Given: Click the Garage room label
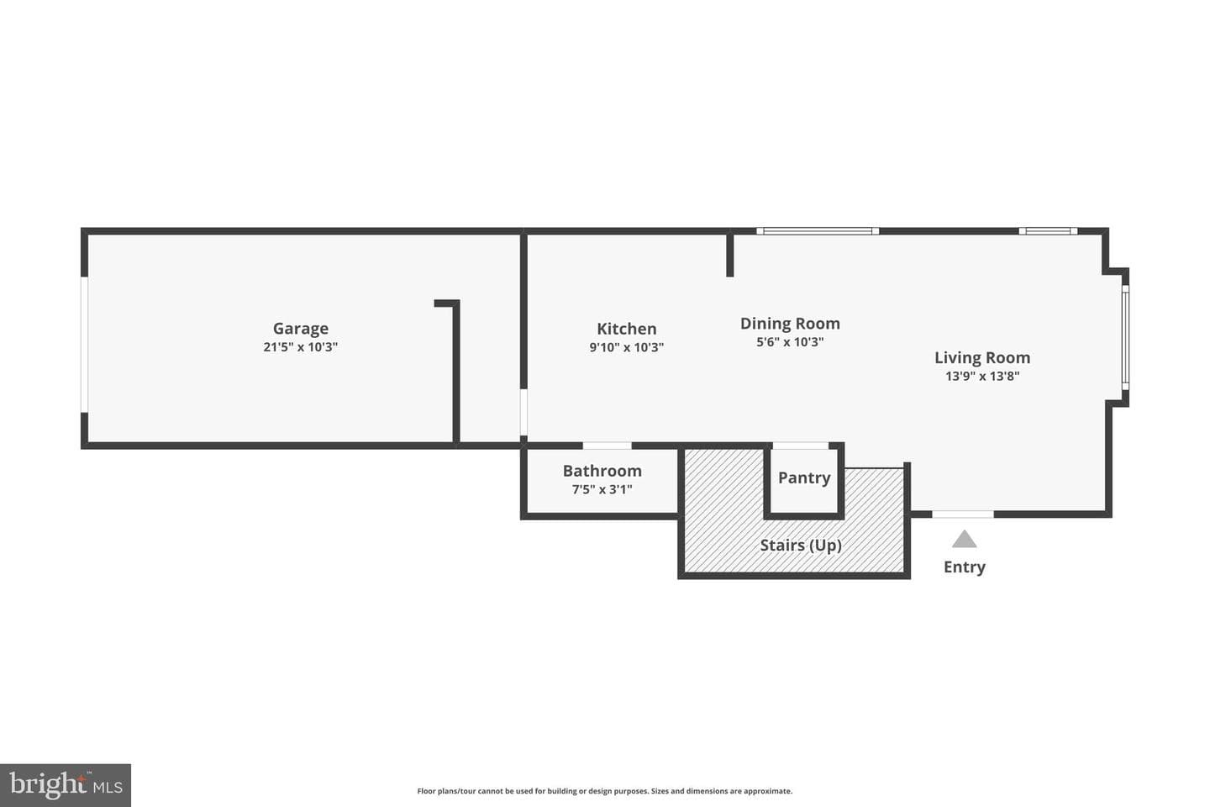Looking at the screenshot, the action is pos(300,329).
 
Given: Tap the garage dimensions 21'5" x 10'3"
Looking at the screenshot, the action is pos(300,347).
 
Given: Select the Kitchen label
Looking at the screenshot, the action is pos(627,329).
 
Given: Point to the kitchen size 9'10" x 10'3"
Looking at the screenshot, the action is pos(627,347).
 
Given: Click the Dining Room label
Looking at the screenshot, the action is pos(790,324).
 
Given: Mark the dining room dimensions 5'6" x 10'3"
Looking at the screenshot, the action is pos(790,341).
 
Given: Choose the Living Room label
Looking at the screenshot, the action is pos(982,357).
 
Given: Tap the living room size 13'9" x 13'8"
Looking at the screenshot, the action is pos(982,376).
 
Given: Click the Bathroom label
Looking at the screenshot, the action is pos(602,471).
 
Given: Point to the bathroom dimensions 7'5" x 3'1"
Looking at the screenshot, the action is pos(602,489).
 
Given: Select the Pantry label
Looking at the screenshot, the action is pos(804,477).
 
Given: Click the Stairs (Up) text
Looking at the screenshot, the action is pos(801,546).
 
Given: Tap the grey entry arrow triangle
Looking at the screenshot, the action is pos(965,540).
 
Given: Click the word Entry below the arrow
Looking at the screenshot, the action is pos(965,567).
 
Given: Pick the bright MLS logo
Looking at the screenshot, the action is pos(66,785).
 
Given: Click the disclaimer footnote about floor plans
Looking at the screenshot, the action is pos(604,791).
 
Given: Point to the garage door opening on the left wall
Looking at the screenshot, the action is pos(84,345).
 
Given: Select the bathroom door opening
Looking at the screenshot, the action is pos(608,446).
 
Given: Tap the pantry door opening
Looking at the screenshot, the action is pos(801,446).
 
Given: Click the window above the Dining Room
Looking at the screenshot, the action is pos(818,231).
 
